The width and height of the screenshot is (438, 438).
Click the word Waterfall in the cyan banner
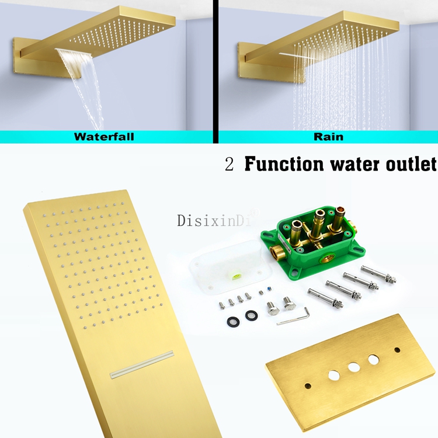coord(104,137)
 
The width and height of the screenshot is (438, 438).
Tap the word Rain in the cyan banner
coord(328,137)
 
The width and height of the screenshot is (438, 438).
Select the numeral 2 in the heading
coord(229,164)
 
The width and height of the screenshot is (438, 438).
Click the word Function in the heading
coord(284,164)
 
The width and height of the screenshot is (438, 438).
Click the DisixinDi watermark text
coord(213,220)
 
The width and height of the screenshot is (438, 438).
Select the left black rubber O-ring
coord(233,322)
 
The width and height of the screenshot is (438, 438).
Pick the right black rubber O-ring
coord(251,315)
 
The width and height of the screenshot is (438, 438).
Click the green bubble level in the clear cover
coord(235,277)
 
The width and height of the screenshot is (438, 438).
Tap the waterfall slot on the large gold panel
coord(142,364)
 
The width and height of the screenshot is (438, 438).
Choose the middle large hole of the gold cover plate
coord(354,367)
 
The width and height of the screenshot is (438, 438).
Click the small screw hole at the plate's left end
coord(308,386)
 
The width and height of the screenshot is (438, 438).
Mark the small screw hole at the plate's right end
coord(397,350)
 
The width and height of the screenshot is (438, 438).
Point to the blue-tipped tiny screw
coord(269,290)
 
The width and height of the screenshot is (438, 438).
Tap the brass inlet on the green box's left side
coord(277,252)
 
